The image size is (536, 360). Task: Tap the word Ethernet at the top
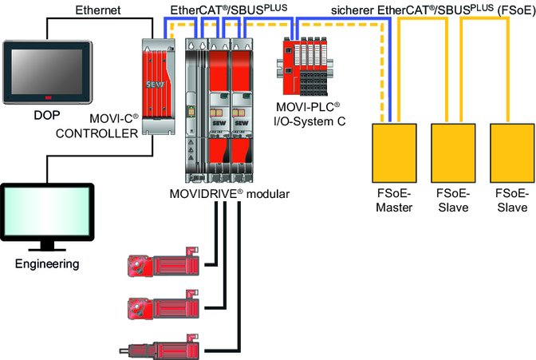(x=97, y=10)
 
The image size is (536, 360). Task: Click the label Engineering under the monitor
(x=47, y=263)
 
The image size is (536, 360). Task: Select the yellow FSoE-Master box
(x=395, y=153)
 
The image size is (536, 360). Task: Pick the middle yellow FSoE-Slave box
(x=453, y=153)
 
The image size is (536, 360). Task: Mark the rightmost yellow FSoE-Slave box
(x=510, y=153)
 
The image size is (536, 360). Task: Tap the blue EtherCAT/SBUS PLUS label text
(x=227, y=10)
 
